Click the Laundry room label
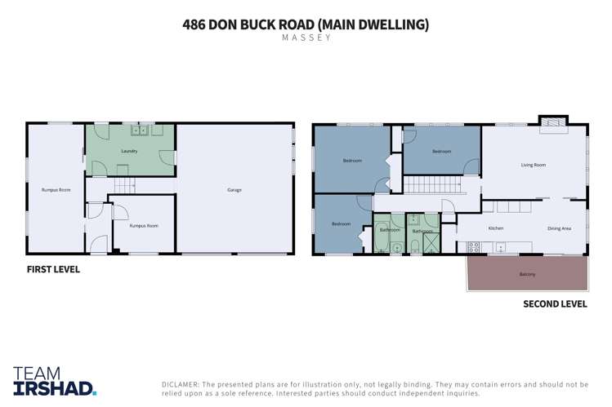tap(129, 151)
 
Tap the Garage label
tap(235, 190)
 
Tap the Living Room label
tap(533, 165)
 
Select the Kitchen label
tap(495, 228)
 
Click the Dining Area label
tap(559, 228)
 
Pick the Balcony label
tap(527, 274)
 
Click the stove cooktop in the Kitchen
tap(474, 246)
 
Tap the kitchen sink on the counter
tap(501, 246)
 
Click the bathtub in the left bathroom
tap(382, 237)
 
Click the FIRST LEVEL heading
tap(53, 269)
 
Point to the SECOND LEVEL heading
tap(555, 304)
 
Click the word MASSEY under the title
tap(306, 38)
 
